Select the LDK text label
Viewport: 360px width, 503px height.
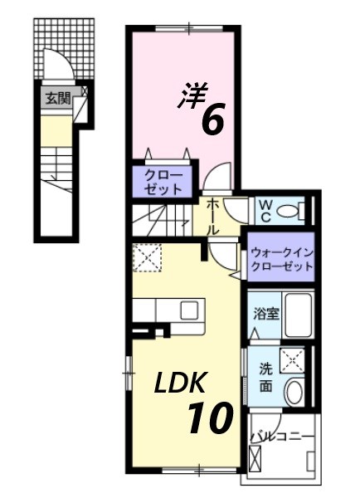[x=183, y=383]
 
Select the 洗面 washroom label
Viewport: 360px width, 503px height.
[x=265, y=377]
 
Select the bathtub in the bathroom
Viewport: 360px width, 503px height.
[x=296, y=315]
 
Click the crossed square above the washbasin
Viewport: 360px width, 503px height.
[x=293, y=360]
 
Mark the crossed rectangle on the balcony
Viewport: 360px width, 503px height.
[x=255, y=460]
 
